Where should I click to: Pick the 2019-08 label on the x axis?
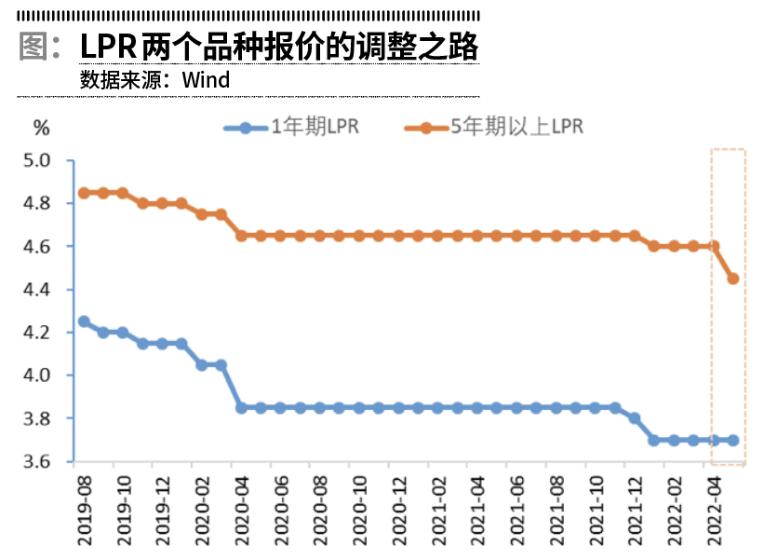pyautogui.click(x=84, y=508)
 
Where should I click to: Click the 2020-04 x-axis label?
pyautogui.click(x=241, y=508)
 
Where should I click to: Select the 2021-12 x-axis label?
pyautogui.click(x=635, y=508)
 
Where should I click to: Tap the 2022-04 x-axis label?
pyautogui.click(x=713, y=508)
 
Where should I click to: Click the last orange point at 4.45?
pyautogui.click(x=732, y=279)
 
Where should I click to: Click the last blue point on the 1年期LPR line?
pyautogui.click(x=732, y=440)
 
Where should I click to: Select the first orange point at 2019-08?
pyautogui.click(x=84, y=193)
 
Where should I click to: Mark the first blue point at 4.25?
pyautogui.click(x=84, y=321)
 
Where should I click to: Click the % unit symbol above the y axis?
pyautogui.click(x=40, y=127)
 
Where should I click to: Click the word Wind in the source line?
pyautogui.click(x=206, y=80)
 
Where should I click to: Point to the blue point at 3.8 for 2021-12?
pyautogui.click(x=635, y=418)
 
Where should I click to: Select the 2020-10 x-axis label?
pyautogui.click(x=359, y=508)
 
